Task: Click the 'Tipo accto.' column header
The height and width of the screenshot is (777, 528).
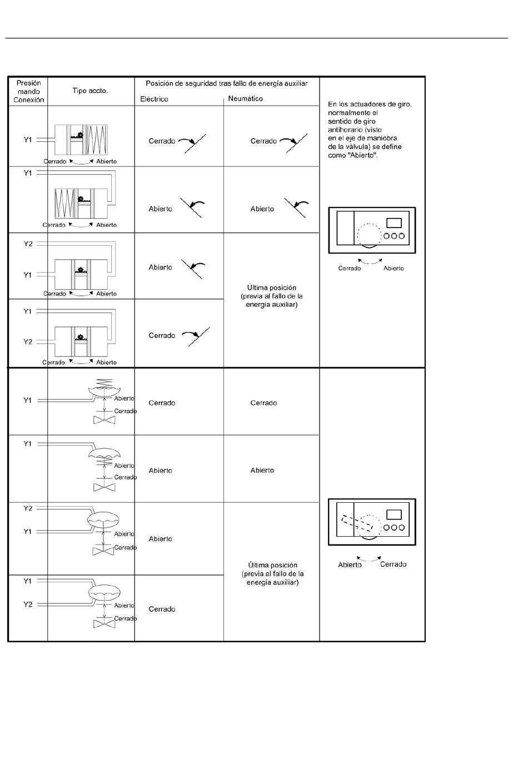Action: (x=90, y=91)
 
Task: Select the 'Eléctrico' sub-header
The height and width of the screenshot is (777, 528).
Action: (x=154, y=99)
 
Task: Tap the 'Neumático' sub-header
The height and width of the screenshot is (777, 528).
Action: (x=246, y=98)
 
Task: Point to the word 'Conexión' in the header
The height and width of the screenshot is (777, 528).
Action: (x=29, y=100)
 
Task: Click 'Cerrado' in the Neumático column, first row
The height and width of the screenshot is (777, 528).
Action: (x=263, y=141)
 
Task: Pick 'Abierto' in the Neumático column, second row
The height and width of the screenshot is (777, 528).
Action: (x=262, y=209)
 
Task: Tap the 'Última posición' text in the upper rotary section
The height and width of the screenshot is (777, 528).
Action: (x=271, y=288)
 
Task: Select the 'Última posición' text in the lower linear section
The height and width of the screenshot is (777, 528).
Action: (x=272, y=565)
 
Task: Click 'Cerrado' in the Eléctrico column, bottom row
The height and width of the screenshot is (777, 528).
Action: (x=162, y=609)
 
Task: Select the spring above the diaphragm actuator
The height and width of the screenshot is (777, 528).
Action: (x=104, y=383)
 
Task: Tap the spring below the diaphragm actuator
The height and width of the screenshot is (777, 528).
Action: (x=104, y=462)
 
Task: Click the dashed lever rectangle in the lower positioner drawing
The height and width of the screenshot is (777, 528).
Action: (x=357, y=522)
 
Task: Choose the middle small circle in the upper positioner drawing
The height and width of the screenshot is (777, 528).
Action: (x=394, y=236)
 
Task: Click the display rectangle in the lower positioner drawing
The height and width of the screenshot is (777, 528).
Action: (x=394, y=514)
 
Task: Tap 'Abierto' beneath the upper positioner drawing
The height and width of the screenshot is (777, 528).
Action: (x=393, y=268)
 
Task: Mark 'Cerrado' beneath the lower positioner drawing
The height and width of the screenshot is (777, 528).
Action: (x=393, y=564)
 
